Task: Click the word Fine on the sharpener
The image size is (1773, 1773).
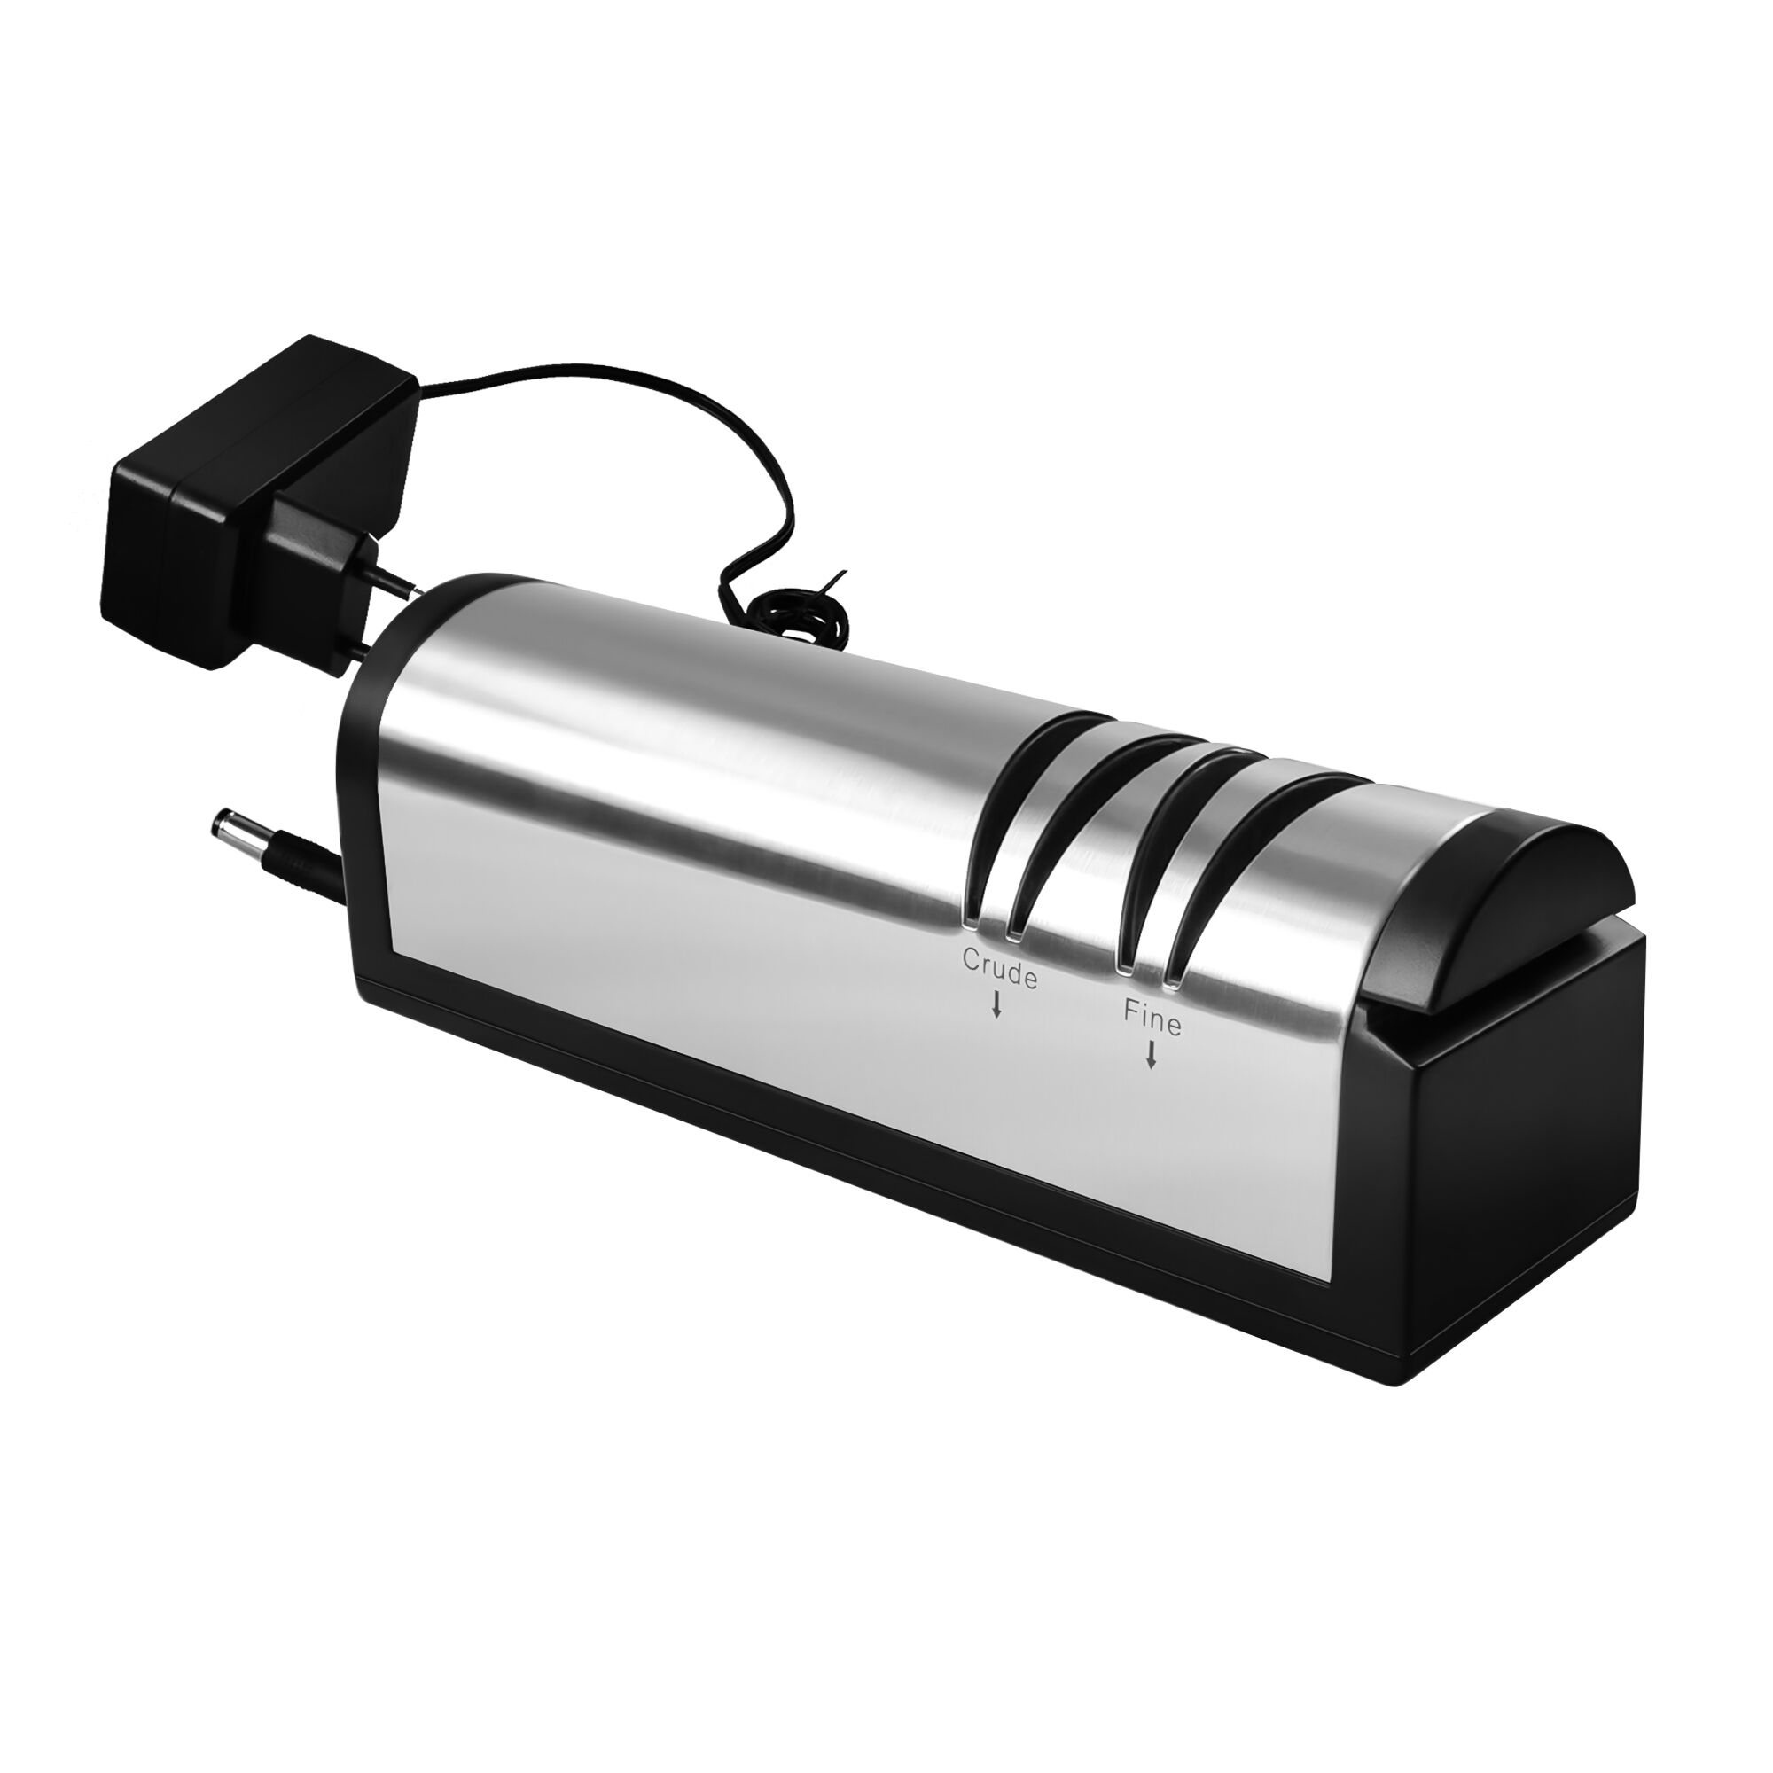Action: coord(1152,1019)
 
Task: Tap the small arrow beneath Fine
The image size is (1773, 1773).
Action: coord(1150,1058)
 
